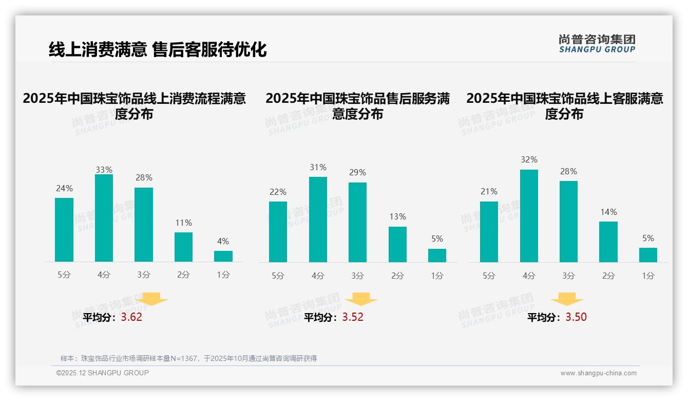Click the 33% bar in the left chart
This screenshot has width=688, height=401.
coord(104,218)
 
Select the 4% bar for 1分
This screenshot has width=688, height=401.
coord(223,256)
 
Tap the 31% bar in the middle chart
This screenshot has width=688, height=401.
coord(318,220)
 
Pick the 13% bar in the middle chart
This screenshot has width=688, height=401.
coord(397,244)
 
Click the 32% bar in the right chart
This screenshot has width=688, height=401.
coord(529,216)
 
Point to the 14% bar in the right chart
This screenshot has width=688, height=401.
coord(608,242)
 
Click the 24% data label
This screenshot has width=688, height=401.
coord(64,188)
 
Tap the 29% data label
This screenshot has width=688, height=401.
coord(357,173)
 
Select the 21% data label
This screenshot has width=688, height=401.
coord(489,191)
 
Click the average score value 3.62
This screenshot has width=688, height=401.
coord(131,317)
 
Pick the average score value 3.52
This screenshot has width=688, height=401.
coord(353,317)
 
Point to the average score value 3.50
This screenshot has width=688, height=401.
coord(576,317)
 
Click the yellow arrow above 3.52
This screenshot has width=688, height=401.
coord(361,299)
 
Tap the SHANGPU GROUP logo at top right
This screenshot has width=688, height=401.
coord(597,44)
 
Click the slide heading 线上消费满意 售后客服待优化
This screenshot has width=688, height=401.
coord(158,49)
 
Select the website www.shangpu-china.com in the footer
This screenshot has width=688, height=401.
coord(598,373)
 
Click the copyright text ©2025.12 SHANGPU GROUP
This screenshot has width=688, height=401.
coord(103,373)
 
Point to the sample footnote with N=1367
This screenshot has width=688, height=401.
coord(188,358)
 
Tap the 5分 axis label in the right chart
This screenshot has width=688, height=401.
coord(489,276)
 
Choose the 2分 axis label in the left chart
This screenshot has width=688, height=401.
coord(183,275)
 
